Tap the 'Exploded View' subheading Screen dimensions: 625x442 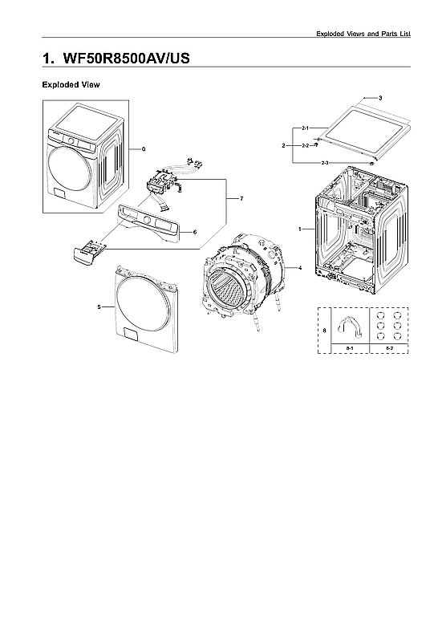tap(71, 84)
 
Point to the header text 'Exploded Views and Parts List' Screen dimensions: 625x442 tap(363, 33)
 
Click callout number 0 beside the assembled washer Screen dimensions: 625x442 tap(143, 149)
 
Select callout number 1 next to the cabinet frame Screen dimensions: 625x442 tap(299, 229)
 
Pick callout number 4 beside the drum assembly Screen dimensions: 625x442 tap(299, 267)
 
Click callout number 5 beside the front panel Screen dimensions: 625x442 tap(99, 306)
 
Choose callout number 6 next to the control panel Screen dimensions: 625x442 tap(195, 232)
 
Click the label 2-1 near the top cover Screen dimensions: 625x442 tap(306, 128)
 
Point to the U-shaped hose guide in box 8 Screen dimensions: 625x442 tap(350, 326)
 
